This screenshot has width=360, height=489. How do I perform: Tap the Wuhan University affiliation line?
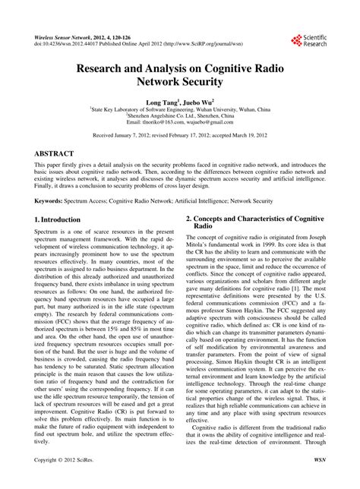click(x=180, y=109)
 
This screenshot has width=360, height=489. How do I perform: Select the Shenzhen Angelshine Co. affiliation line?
click(x=180, y=115)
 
